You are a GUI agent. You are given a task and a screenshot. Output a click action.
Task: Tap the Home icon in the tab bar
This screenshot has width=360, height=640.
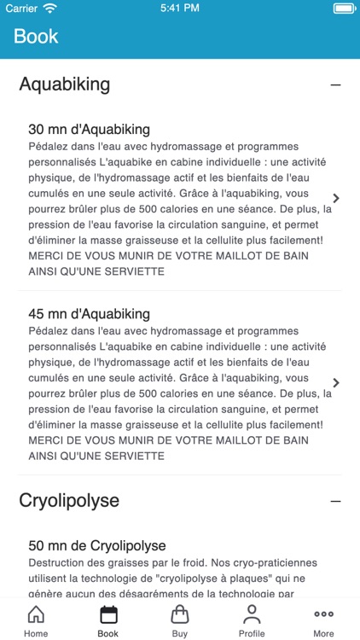click(36, 614)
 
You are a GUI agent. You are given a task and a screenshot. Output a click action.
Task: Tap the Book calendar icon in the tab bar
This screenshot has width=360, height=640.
click(107, 614)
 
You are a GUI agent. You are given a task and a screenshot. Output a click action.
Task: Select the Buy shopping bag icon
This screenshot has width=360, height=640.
click(180, 614)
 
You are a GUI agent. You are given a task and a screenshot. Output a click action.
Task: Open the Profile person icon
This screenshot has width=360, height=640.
click(252, 614)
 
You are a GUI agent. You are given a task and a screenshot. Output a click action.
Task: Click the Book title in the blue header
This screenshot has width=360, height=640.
click(36, 37)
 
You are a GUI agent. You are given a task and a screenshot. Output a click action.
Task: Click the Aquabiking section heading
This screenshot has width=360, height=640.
click(65, 84)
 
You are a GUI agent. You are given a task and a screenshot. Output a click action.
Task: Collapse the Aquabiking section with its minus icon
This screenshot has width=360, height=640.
click(335, 85)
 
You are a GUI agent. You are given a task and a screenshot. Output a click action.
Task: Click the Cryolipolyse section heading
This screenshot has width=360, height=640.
click(69, 500)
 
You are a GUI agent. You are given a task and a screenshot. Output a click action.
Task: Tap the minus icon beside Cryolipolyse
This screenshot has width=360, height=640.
click(335, 501)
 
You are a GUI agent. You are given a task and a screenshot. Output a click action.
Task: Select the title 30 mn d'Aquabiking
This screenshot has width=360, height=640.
click(89, 130)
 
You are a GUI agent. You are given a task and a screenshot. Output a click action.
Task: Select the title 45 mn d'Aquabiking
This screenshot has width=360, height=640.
click(89, 314)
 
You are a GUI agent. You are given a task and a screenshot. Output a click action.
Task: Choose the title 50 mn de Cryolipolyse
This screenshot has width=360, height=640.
click(96, 545)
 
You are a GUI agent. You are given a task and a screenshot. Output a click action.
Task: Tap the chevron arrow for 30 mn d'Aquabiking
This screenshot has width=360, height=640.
click(335, 198)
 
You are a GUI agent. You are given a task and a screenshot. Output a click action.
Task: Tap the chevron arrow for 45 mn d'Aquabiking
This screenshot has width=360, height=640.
click(335, 382)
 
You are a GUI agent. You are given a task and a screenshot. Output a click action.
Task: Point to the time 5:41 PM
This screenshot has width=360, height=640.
click(179, 9)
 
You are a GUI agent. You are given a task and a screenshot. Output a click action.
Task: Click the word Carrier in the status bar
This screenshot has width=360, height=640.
click(21, 9)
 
